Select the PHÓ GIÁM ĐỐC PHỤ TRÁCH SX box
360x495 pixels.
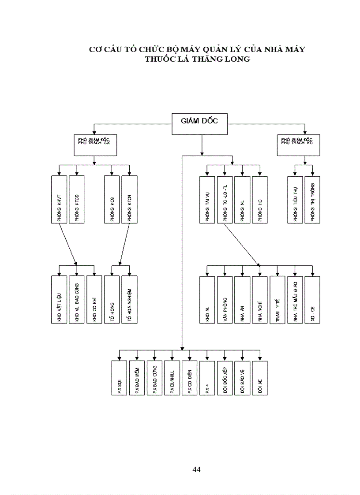pos(95,145)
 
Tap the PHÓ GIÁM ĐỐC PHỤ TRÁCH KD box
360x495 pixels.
pos(298,145)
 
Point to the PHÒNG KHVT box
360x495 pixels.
pos(59,199)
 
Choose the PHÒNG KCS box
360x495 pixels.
pos(112,199)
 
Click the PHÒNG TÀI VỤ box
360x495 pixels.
pos(207,199)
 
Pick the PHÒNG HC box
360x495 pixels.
pos(260,199)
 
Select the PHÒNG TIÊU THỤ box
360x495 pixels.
pos(295,199)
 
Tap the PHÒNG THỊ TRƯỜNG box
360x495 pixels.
pos(312,199)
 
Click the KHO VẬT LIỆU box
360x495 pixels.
pos(59,300)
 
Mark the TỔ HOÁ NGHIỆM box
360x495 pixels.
pos(129,300)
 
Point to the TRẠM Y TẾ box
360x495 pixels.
pos(277,300)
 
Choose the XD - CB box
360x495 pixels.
pos(312,300)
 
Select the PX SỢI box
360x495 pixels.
pos(119,378)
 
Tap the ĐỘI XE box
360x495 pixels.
pos(260,378)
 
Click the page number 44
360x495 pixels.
pos(197,469)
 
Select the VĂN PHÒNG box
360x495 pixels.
pos(225,300)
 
